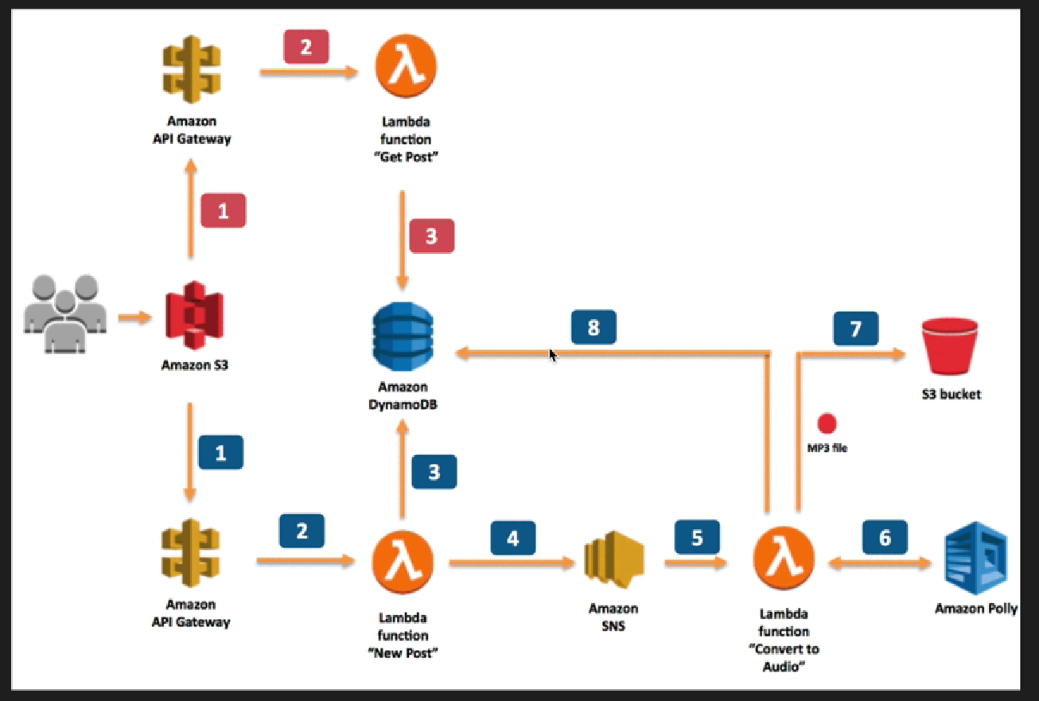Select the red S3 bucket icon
tap(950, 348)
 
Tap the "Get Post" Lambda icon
tap(407, 68)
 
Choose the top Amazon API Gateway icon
tap(191, 71)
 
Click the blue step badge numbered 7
tap(856, 329)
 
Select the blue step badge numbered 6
tap(885, 538)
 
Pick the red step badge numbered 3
tap(431, 236)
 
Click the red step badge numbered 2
tap(306, 47)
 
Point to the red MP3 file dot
tap(827, 423)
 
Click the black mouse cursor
tap(552, 354)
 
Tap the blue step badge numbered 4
tap(513, 538)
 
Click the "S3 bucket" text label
tap(951, 394)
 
